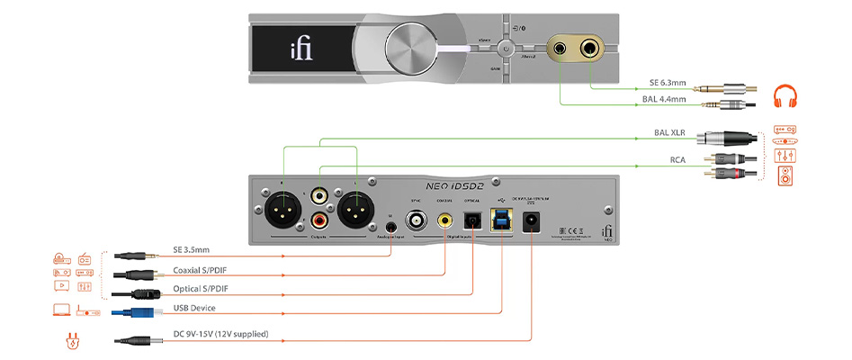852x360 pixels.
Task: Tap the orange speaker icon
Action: tap(785, 175)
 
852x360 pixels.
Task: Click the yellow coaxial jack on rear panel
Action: tap(444, 218)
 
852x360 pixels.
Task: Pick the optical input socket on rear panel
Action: tap(472, 218)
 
